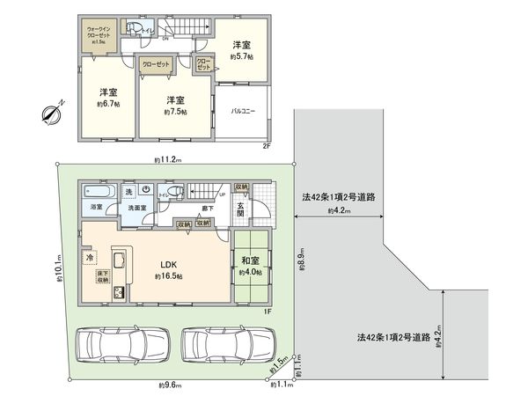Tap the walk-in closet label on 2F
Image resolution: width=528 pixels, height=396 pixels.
[x=99, y=34]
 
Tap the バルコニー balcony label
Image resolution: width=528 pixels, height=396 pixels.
[x=243, y=112]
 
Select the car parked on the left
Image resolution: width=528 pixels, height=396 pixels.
[x=122, y=346]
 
